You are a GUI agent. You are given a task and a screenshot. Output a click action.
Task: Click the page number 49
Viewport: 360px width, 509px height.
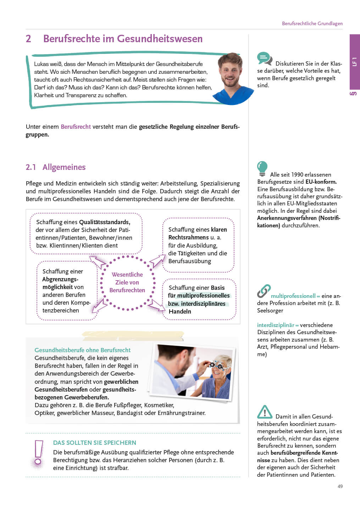click(x=340, y=486)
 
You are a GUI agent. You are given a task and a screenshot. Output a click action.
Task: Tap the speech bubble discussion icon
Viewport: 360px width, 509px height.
click(x=265, y=59)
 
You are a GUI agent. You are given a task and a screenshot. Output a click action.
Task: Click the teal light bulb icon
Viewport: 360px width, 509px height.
click(x=262, y=168)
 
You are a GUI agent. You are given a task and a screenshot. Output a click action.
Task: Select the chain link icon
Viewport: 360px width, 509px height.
click(x=264, y=291)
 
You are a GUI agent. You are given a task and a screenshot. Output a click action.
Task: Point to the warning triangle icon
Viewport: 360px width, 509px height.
click(x=265, y=412)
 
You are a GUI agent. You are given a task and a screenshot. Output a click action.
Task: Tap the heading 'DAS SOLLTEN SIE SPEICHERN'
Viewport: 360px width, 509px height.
click(x=95, y=443)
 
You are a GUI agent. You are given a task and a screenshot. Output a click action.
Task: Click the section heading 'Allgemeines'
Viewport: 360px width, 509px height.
click(x=64, y=167)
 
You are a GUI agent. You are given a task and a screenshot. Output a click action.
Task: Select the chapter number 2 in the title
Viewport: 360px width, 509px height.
click(x=28, y=39)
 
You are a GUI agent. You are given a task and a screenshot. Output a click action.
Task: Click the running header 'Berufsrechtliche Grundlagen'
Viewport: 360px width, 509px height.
click(x=312, y=23)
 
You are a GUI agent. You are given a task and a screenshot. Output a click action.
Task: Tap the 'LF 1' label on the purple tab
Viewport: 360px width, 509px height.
click(x=354, y=62)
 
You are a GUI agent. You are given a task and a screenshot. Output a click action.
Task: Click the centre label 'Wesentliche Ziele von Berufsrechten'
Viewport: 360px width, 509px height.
click(x=127, y=282)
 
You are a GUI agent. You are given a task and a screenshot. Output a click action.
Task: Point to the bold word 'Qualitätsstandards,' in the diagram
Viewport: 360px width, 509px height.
click(x=105, y=222)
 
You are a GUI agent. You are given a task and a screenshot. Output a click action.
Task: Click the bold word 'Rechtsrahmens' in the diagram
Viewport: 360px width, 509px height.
click(x=188, y=237)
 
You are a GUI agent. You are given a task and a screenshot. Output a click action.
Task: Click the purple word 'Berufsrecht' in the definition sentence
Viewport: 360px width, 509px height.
click(x=76, y=127)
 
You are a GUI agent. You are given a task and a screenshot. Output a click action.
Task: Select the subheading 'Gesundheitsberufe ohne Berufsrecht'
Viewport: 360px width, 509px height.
click(x=82, y=350)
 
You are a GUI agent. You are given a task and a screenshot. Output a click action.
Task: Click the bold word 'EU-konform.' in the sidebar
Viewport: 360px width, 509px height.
click(x=321, y=182)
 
